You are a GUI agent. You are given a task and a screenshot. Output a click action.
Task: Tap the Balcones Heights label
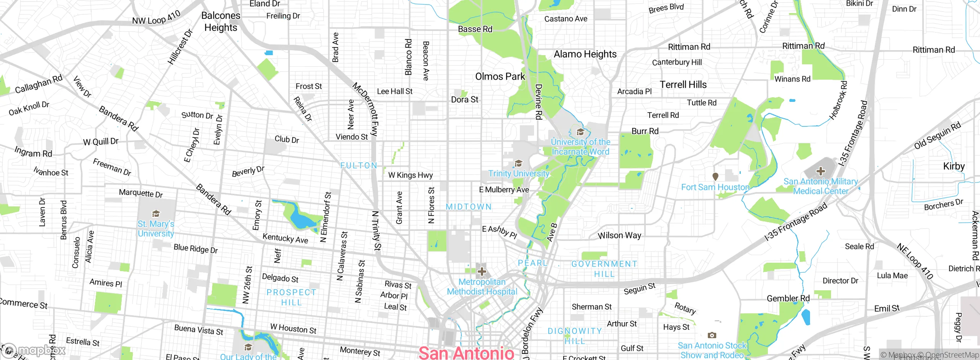click(221, 21)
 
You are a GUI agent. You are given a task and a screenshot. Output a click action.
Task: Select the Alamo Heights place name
click(585, 54)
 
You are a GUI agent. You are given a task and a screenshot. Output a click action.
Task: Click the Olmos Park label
click(500, 77)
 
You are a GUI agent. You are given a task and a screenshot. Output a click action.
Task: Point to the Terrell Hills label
click(683, 85)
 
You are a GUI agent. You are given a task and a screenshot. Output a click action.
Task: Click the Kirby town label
click(954, 166)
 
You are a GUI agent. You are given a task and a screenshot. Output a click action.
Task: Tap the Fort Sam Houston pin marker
click(715, 177)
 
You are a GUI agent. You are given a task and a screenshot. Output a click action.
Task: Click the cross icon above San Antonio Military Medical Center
click(820, 171)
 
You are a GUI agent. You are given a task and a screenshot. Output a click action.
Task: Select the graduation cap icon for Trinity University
click(518, 164)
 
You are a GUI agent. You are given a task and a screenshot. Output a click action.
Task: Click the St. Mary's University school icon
click(156, 213)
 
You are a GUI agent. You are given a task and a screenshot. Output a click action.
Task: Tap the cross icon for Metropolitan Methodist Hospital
click(482, 272)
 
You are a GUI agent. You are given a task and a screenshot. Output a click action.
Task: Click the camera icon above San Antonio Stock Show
click(712, 335)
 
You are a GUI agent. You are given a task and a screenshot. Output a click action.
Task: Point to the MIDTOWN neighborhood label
click(469, 207)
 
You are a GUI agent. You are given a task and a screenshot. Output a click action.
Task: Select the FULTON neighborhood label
click(359, 165)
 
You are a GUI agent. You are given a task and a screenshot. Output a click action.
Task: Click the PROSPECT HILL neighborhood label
click(291, 297)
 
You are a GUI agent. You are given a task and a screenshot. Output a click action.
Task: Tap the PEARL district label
click(532, 263)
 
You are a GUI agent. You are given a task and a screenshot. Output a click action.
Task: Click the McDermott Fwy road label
click(366, 109)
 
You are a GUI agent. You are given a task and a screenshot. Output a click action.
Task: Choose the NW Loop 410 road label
click(156, 18)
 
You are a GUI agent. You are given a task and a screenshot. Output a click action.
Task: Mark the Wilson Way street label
click(619, 235)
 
